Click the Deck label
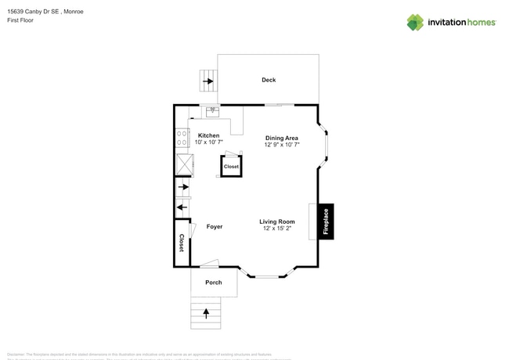(269, 80)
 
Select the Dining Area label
(282, 138)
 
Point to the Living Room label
(277, 221)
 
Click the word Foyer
(215, 227)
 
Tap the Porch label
(214, 283)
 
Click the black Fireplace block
(327, 221)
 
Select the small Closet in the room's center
(231, 167)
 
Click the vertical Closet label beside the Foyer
(182, 243)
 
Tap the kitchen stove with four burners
(182, 139)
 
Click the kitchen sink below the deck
(212, 111)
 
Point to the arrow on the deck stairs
(208, 81)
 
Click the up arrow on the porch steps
(207, 313)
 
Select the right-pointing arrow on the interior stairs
(184, 188)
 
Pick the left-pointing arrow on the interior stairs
(182, 207)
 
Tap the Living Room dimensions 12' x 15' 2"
(277, 229)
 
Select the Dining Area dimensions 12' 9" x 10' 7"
(282, 146)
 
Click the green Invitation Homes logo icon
(415, 22)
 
